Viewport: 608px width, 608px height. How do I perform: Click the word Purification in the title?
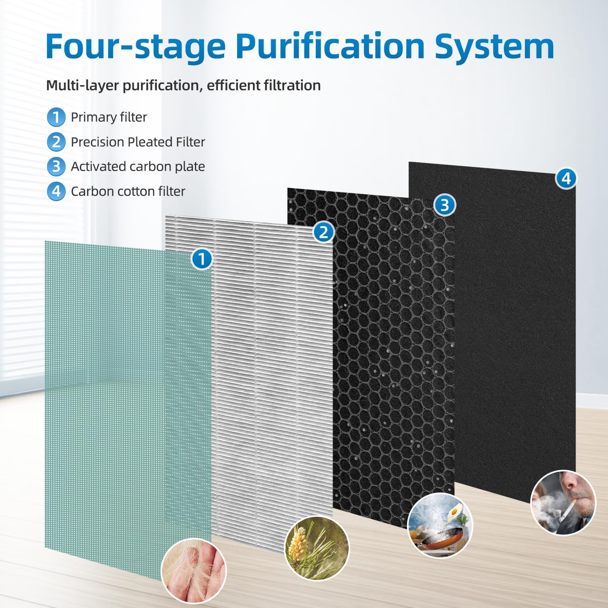point(330,46)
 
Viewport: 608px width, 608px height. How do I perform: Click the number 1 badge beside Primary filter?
point(56,117)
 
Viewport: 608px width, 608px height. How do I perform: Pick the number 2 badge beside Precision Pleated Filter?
point(56,142)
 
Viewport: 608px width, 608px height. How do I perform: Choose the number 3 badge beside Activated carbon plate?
point(56,167)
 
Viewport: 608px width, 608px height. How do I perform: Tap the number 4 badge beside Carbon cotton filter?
point(56,191)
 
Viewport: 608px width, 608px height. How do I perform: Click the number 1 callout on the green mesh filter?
point(201,259)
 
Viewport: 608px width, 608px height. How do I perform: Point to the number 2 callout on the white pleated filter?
point(323,233)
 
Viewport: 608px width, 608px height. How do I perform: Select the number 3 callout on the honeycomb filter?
point(445,205)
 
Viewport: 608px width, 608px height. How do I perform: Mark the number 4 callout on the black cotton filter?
point(566,178)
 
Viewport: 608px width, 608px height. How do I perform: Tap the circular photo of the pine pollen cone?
point(317,548)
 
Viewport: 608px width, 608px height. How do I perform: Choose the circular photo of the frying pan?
point(440,525)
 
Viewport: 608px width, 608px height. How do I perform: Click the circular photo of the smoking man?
point(563,502)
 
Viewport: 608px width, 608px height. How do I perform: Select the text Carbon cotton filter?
point(128,191)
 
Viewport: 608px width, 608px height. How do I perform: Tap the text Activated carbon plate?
point(138,167)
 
